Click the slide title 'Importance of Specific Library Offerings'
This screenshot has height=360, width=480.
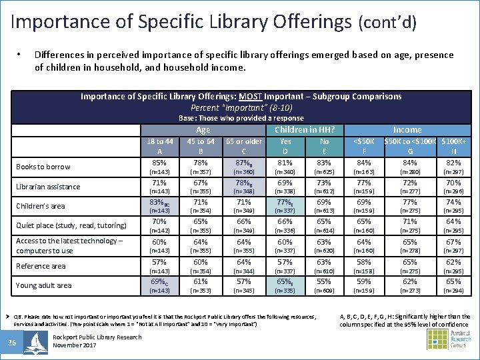tap(180, 21)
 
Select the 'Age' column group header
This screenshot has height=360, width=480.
tap(203, 130)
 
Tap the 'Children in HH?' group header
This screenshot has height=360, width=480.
tap(305, 130)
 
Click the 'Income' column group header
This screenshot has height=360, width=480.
tap(407, 130)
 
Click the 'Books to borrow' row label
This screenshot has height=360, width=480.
tap(43, 167)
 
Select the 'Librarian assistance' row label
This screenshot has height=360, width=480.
tap(48, 187)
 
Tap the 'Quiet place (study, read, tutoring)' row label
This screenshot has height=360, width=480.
tap(71, 225)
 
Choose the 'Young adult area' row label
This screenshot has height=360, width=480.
tap(44, 285)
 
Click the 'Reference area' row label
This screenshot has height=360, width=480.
tap(41, 266)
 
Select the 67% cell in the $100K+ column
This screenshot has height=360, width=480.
tap(453, 241)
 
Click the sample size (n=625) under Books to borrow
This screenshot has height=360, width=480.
tap(325, 171)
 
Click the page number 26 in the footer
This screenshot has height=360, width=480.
tap(12, 343)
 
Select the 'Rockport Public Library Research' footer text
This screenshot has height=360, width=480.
tap(97, 337)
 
